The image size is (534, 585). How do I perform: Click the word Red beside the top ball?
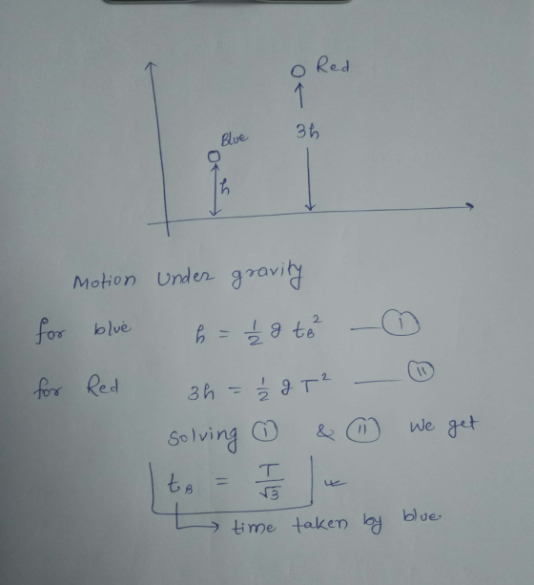[333, 67]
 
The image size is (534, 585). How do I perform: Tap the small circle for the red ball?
[298, 71]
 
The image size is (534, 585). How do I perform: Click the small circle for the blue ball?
[214, 157]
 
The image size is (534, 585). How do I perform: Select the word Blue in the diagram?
[234, 138]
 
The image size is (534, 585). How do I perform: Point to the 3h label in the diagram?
[307, 132]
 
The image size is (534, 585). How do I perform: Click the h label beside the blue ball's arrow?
[224, 186]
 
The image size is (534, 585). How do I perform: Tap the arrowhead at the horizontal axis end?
[470, 206]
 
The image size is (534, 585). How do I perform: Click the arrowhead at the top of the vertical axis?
[150, 66]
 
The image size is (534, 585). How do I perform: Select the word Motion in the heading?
[104, 280]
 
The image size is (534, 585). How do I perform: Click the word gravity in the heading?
[266, 275]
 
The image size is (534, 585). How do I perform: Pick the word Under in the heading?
[185, 278]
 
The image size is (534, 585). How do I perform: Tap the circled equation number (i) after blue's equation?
[400, 324]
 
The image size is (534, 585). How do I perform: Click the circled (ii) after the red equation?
[421, 371]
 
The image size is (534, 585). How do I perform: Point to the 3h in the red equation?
[200, 392]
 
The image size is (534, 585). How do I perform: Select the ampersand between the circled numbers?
[325, 432]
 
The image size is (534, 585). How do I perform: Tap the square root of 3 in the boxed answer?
[269, 493]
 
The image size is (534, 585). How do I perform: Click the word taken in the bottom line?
[320, 524]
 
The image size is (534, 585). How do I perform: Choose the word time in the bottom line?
[254, 527]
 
